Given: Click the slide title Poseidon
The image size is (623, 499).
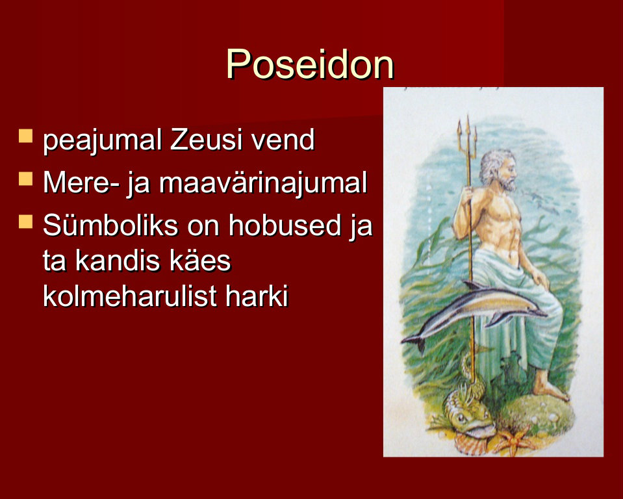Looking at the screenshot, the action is tap(310, 64).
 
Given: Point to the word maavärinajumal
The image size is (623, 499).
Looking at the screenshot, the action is tap(263, 183).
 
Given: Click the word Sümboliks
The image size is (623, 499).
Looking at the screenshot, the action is tap(110, 225).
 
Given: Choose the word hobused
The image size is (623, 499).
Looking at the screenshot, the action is tap(285, 225).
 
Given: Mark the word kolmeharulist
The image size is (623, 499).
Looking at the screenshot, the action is tap(129, 296).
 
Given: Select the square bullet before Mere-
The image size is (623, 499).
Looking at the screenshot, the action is tap(25, 179).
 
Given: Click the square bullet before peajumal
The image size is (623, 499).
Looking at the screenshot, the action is tap(25, 136).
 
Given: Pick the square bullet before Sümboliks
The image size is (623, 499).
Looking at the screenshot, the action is tap(25, 222).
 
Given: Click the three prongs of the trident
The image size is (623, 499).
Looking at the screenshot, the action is tap(468, 135).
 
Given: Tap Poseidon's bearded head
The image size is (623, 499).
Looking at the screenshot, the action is tap(498, 170).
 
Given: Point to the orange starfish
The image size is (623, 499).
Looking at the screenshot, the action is tap(514, 441).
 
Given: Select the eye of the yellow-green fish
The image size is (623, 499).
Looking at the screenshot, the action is tap(461, 418).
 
